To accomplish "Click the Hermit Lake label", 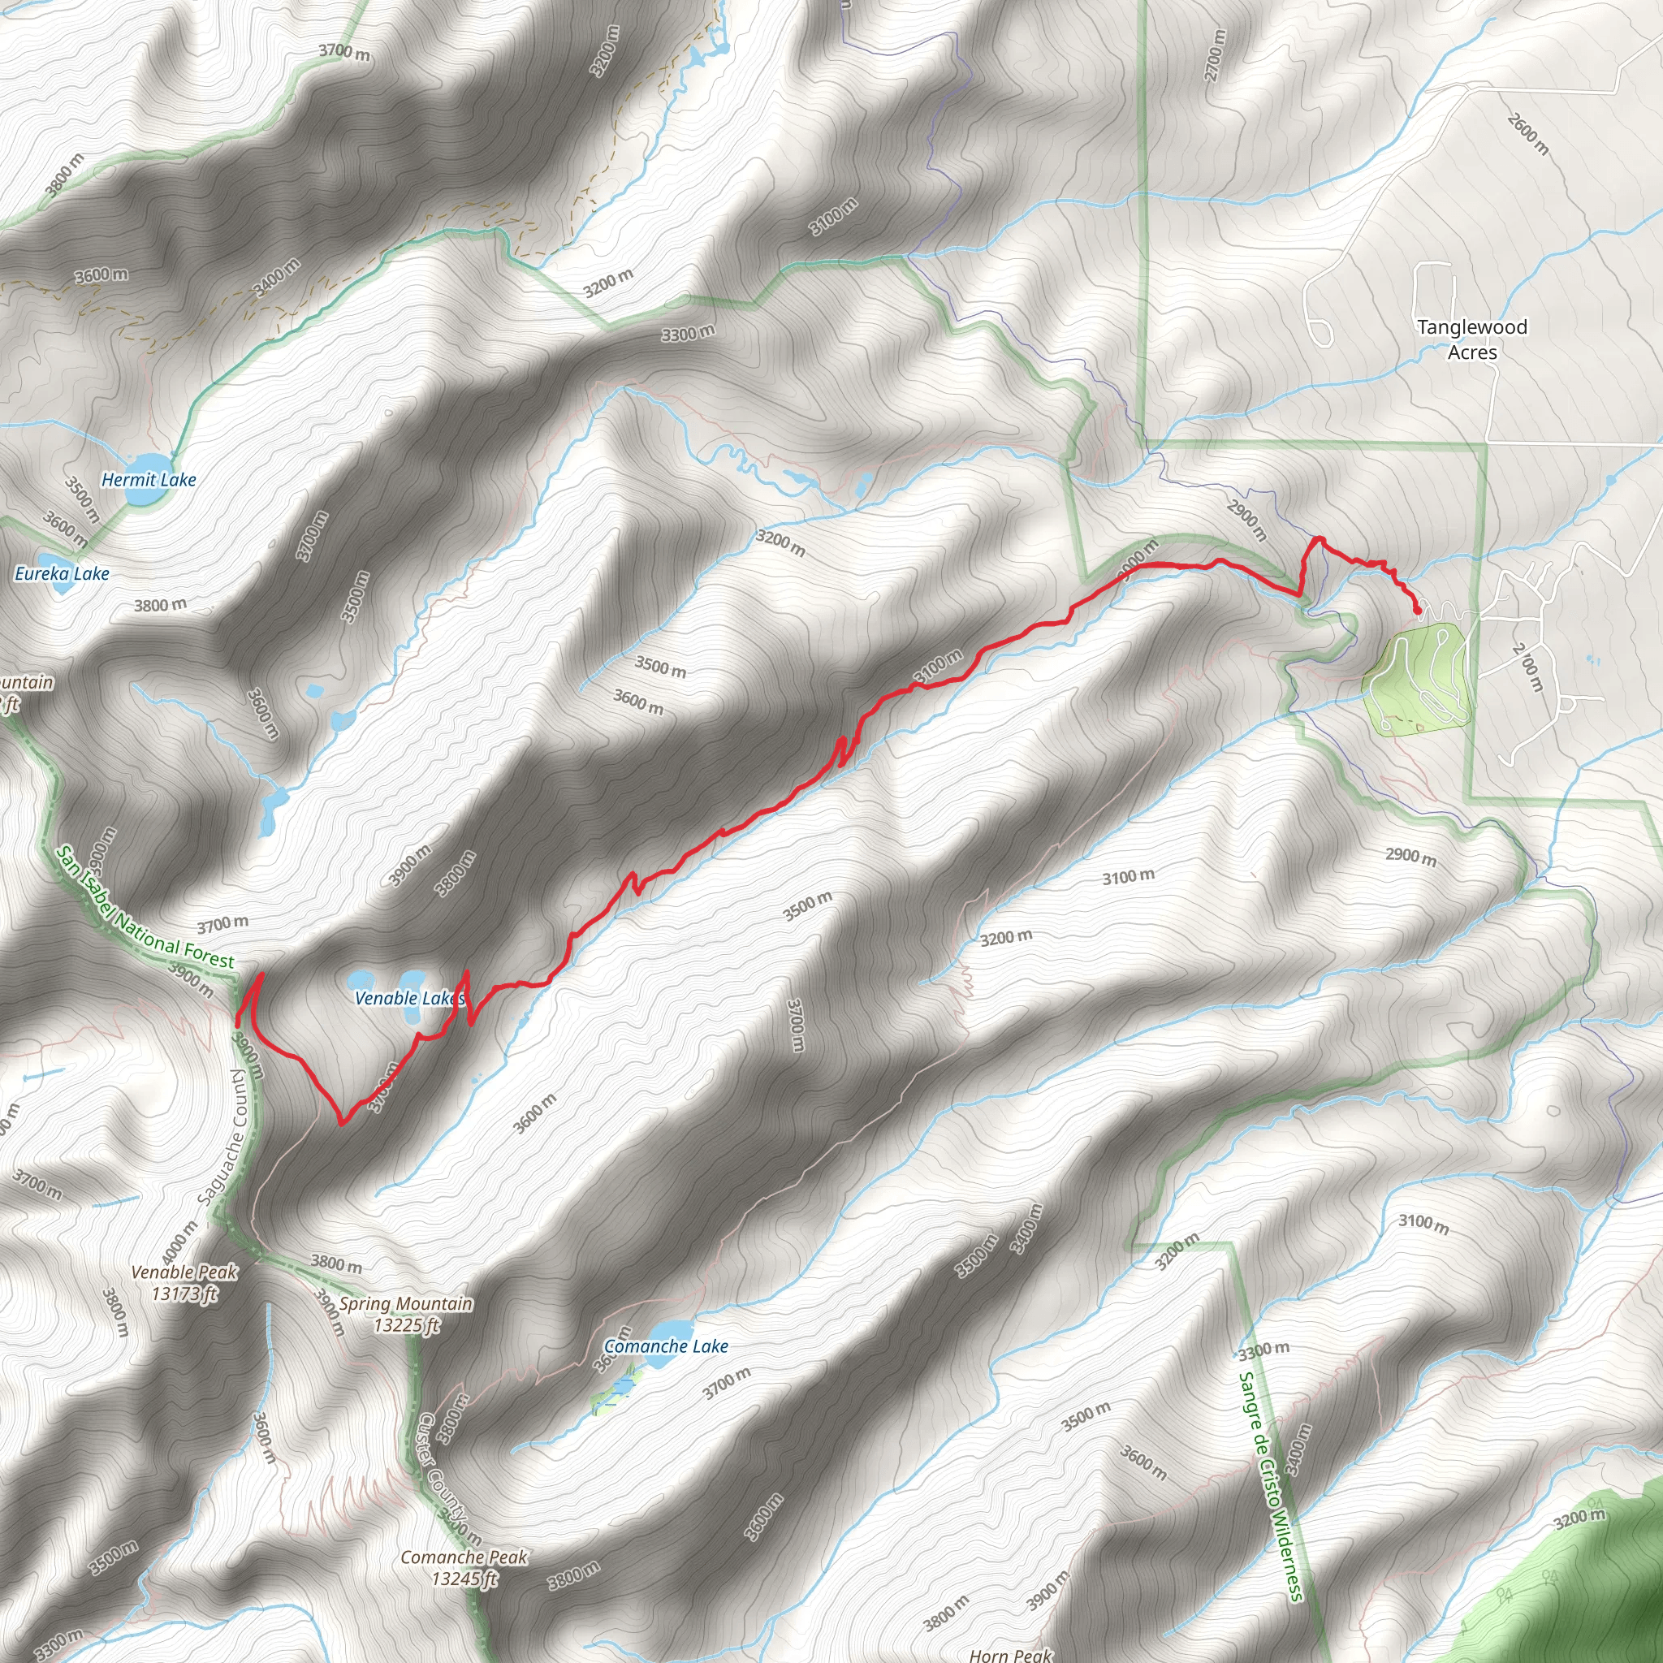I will pyautogui.click(x=149, y=481).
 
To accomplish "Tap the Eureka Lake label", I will pyautogui.click(x=62, y=574).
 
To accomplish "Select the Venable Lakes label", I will pyautogui.click(x=409, y=999).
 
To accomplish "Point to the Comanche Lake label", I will pyautogui.click(x=666, y=1346).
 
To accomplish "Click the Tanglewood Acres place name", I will pyautogui.click(x=1472, y=339).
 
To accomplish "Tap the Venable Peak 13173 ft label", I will pyautogui.click(x=184, y=1282).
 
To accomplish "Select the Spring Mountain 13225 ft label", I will pyautogui.click(x=406, y=1315).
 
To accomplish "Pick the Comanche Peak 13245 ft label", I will pyautogui.click(x=464, y=1567).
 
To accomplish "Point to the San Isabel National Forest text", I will pyautogui.click(x=145, y=908).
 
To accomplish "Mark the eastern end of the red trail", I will pyautogui.click(x=1418, y=611).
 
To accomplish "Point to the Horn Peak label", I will pyautogui.click(x=1010, y=1654).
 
